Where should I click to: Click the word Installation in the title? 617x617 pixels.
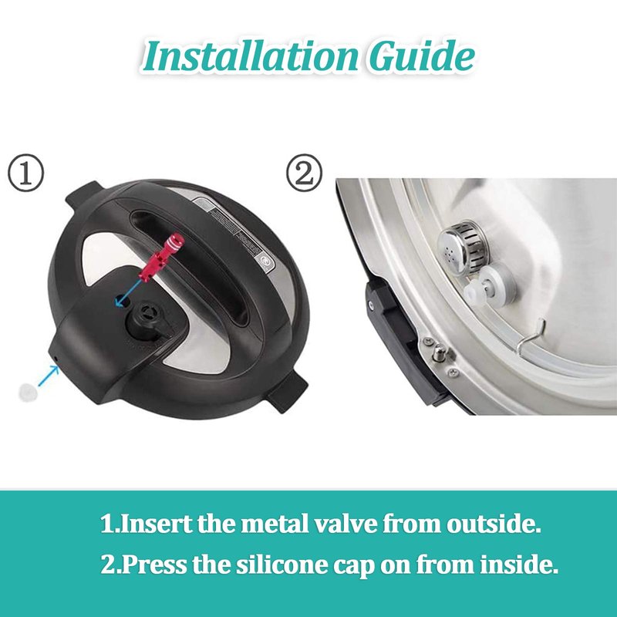(x=251, y=56)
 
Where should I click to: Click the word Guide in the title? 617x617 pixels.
(x=421, y=56)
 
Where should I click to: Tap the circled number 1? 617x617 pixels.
(x=26, y=173)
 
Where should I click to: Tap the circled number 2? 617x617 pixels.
(x=304, y=173)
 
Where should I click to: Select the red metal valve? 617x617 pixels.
(x=162, y=257)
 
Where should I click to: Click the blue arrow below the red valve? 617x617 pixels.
(x=128, y=292)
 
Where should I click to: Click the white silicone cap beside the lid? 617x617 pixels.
(x=29, y=393)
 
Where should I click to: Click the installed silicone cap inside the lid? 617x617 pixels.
(x=490, y=283)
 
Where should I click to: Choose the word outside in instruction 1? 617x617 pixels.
(x=494, y=524)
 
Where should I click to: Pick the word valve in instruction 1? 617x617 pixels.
(x=346, y=524)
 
